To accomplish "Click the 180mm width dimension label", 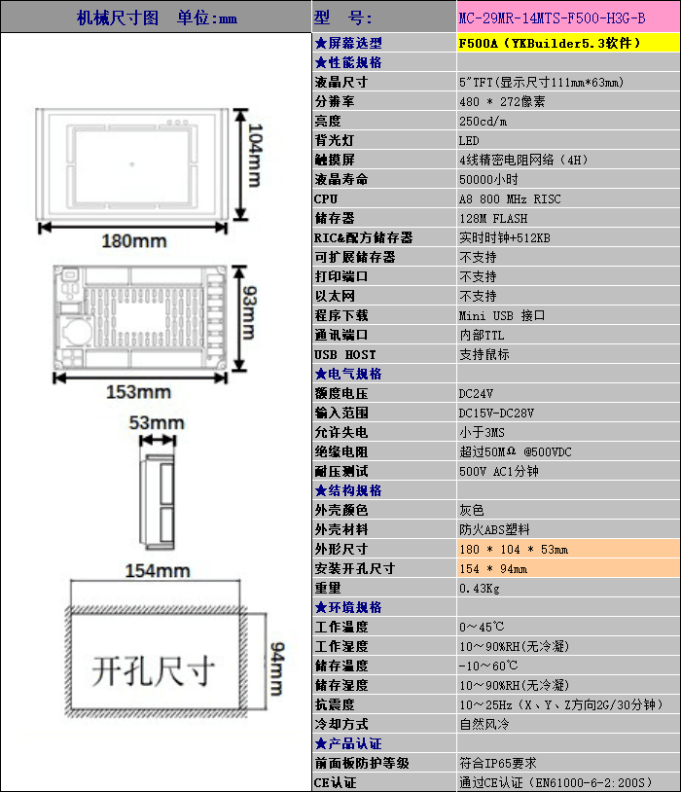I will click(x=134, y=240).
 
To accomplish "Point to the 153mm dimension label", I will click(x=138, y=392).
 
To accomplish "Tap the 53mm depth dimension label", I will click(x=157, y=422).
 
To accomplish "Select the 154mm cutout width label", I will click(x=156, y=571).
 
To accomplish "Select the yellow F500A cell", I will click(x=550, y=43).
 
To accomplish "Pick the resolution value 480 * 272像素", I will click(x=502, y=101).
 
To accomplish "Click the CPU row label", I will click(x=326, y=198).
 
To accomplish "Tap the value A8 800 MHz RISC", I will click(x=510, y=198).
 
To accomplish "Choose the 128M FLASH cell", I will click(x=493, y=218).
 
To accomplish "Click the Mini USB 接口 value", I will click(x=502, y=315).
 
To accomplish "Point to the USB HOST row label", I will click(x=344, y=354).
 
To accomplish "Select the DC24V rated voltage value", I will click(x=476, y=393).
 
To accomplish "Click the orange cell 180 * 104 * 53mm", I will click(x=513, y=549).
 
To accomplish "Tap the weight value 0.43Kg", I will click(x=479, y=588).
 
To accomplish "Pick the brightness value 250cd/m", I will click(x=483, y=121).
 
